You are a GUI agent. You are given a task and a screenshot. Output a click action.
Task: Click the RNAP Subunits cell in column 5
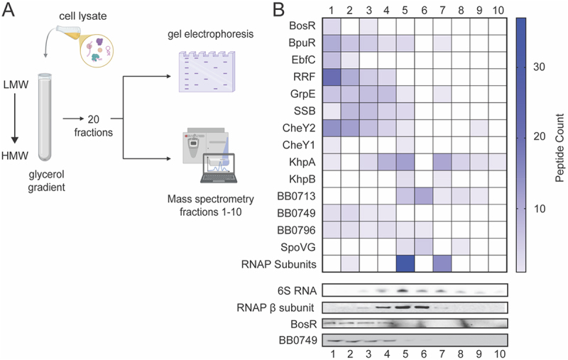[405, 263]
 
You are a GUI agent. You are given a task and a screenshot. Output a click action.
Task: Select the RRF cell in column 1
[332, 77]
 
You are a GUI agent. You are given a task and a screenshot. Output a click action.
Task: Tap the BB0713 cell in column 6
[423, 196]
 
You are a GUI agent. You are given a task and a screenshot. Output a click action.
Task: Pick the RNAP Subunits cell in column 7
[442, 263]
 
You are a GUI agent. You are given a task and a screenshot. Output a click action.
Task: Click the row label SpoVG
[297, 247]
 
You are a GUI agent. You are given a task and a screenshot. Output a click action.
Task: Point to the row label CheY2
[299, 128]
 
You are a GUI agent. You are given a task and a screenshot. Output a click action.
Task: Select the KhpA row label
[302, 163]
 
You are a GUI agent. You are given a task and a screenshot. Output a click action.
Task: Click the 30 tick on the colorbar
[539, 67]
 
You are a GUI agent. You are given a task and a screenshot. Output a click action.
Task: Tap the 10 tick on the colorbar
[539, 209]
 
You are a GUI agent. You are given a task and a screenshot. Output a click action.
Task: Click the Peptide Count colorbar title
[559, 148]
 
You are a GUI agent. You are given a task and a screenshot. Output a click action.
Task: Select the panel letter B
[279, 10]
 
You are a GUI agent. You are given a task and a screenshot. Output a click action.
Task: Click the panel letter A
[9, 10]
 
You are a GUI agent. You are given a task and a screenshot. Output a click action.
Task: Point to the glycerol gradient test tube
[45, 117]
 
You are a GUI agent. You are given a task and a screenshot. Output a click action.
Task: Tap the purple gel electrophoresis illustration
[207, 72]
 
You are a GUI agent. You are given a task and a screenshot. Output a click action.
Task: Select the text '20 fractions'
[94, 126]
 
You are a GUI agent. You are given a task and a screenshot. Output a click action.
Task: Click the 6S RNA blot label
[296, 290]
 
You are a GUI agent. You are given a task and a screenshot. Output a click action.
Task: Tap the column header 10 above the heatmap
[498, 10]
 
